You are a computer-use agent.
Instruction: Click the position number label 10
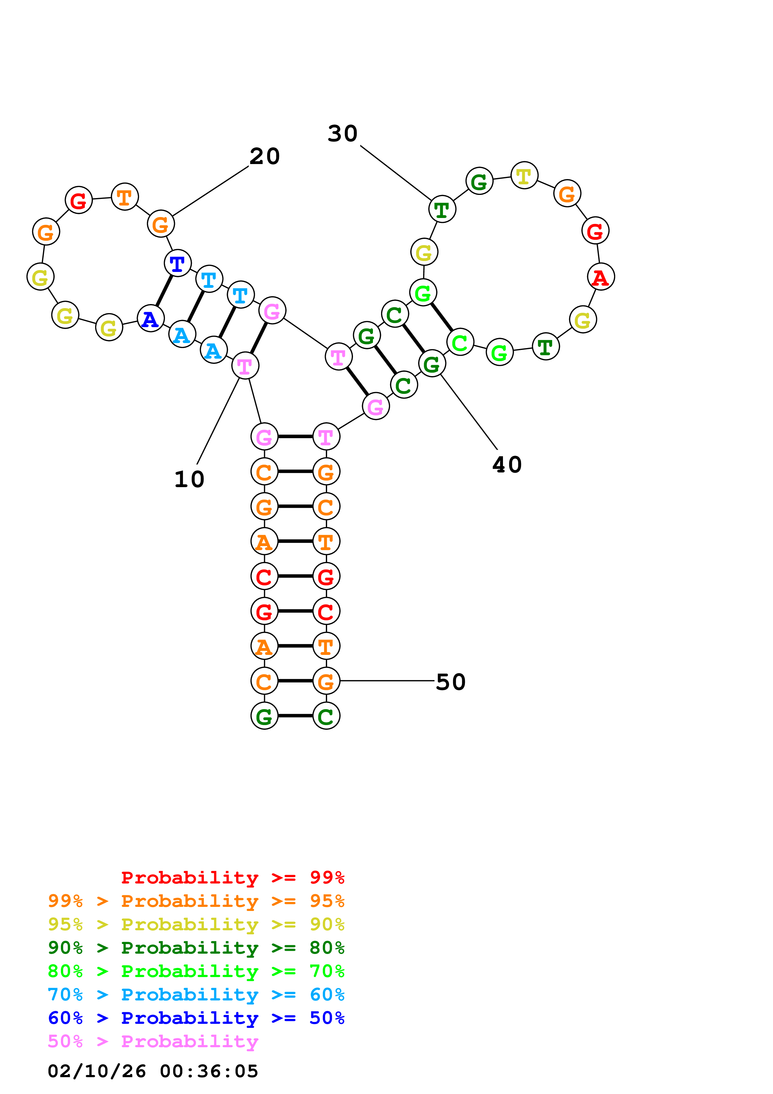click(189, 479)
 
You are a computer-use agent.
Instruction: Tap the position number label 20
click(264, 156)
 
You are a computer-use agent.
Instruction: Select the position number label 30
click(342, 133)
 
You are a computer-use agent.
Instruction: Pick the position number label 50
click(451, 682)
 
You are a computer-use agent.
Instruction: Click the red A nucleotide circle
click(601, 277)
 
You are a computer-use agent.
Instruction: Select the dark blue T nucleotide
click(177, 263)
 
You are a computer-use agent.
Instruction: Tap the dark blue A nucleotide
click(151, 318)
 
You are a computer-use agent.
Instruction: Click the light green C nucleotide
click(460, 341)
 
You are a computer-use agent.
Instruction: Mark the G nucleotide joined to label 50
click(326, 681)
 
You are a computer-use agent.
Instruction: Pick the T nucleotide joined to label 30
click(442, 209)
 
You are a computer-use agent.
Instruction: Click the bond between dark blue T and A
click(164, 291)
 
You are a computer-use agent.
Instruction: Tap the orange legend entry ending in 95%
click(196, 901)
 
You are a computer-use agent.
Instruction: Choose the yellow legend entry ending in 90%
click(196, 924)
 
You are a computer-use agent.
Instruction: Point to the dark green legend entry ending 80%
click(196, 948)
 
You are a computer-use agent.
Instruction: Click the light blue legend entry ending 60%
click(196, 995)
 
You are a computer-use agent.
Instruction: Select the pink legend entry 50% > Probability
click(153, 1041)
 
